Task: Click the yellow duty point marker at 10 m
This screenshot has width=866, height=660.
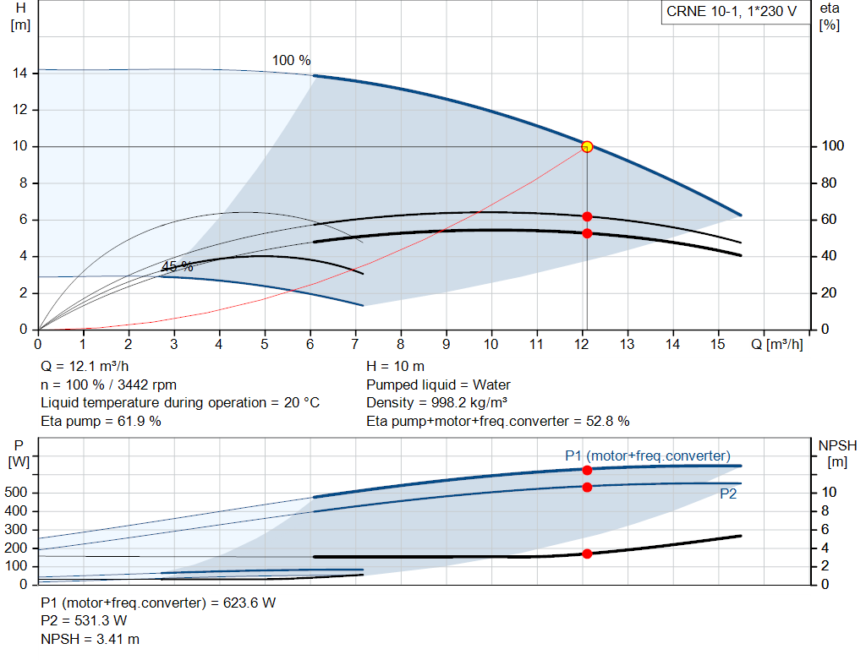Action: [587, 146]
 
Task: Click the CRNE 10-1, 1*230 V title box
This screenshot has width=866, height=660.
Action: [732, 13]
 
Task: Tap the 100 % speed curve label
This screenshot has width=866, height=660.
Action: [291, 61]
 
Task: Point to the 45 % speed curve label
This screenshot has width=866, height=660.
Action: [177, 267]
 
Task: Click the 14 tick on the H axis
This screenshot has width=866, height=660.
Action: [20, 74]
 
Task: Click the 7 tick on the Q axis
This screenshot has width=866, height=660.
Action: [355, 345]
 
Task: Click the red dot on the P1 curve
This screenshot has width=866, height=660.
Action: [587, 469]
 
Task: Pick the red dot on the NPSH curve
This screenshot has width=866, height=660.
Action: [587, 554]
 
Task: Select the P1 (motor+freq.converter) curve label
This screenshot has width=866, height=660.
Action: [648, 455]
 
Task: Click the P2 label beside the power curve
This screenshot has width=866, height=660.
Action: [728, 494]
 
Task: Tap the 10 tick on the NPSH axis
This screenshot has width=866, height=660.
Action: [830, 493]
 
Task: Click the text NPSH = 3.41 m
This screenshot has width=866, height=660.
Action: [90, 639]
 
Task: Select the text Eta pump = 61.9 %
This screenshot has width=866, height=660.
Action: [101, 421]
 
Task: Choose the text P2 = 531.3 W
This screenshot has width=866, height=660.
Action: [84, 621]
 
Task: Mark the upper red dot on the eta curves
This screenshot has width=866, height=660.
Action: [587, 216]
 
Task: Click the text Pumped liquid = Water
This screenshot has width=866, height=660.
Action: [438, 385]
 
